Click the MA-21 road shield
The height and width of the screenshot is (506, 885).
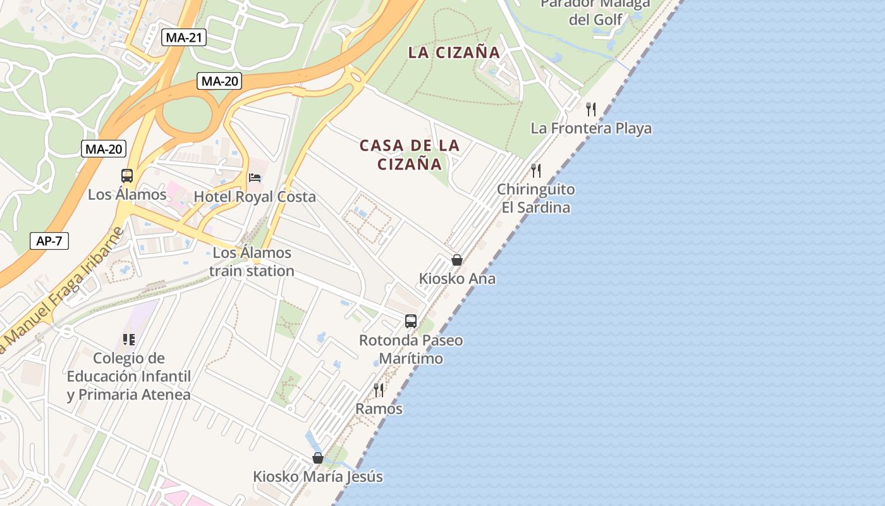tap(183, 37)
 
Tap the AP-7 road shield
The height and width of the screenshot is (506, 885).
tap(49, 241)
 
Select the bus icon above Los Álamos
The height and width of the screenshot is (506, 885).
tap(127, 176)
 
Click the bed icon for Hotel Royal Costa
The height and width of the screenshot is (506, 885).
tap(255, 178)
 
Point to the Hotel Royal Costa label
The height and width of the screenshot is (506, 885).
tap(255, 197)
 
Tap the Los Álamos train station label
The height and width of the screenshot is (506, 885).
tap(252, 262)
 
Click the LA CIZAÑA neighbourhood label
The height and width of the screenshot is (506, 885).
tap(454, 52)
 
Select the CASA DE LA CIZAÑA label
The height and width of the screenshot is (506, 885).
tap(410, 154)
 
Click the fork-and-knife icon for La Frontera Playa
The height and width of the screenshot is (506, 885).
tap(591, 109)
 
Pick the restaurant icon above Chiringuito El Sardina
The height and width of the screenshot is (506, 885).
tap(536, 170)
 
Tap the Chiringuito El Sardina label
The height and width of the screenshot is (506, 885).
tap(536, 199)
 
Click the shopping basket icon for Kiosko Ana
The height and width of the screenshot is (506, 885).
tap(457, 260)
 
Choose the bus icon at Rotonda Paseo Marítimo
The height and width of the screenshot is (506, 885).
tap(411, 321)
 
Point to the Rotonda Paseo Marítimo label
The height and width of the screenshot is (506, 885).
tap(411, 349)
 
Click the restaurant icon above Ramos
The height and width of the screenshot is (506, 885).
tap(379, 390)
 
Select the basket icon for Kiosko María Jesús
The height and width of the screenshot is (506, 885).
tap(318, 458)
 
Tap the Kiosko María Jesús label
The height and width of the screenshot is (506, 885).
tap(318, 477)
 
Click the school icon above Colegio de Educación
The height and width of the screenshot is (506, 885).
tap(129, 340)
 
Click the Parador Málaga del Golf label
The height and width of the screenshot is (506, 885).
tap(595, 12)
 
